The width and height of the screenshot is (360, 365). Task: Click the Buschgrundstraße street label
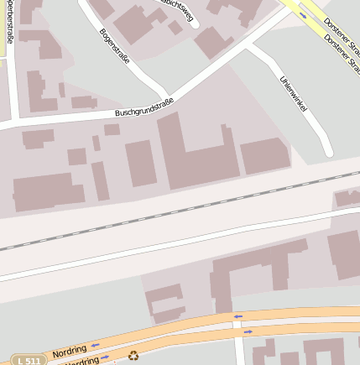pos(144,107)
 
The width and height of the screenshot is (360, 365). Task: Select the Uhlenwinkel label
pos(290,96)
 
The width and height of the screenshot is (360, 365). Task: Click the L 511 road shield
pos(29,360)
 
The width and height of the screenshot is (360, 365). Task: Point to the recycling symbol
pos(133,355)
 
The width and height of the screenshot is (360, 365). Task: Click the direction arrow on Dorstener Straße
pos(303,14)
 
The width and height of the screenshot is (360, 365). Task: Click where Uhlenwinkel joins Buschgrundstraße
pos(248,45)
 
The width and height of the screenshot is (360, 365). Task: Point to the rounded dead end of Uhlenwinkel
pos(328,152)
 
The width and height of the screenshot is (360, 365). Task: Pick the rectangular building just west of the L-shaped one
pos(140,163)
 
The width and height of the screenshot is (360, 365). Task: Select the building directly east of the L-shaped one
pos(265,156)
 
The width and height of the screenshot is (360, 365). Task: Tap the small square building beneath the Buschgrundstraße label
pos(112,129)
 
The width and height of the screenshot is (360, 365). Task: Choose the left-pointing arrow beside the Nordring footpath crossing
pos(238,316)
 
